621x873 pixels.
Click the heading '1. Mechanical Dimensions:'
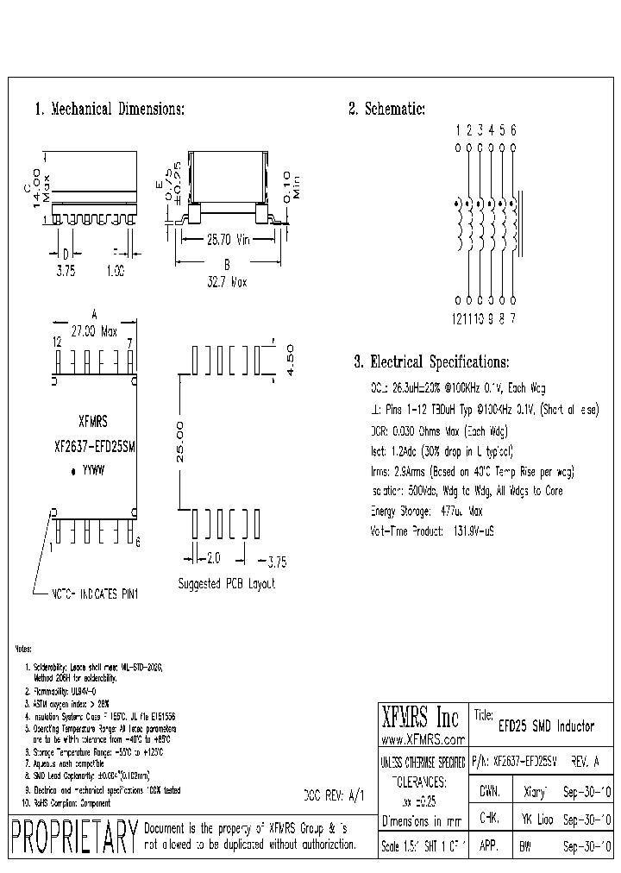pyautogui.click(x=109, y=110)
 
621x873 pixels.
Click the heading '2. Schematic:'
pyautogui.click(x=386, y=110)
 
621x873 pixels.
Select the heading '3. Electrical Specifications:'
pyautogui.click(x=431, y=362)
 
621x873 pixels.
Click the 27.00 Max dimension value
pyautogui.click(x=96, y=330)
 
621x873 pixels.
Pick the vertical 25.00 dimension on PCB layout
pyautogui.click(x=179, y=443)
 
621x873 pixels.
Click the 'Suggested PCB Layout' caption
pyautogui.click(x=226, y=584)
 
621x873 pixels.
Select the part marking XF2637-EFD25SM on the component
pyautogui.click(x=95, y=447)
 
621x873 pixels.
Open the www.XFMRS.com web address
pyautogui.click(x=423, y=740)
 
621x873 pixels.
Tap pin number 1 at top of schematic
pyautogui.click(x=457, y=130)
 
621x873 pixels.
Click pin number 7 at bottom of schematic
pyautogui.click(x=513, y=318)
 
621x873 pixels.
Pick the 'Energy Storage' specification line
pyautogui.click(x=425, y=511)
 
